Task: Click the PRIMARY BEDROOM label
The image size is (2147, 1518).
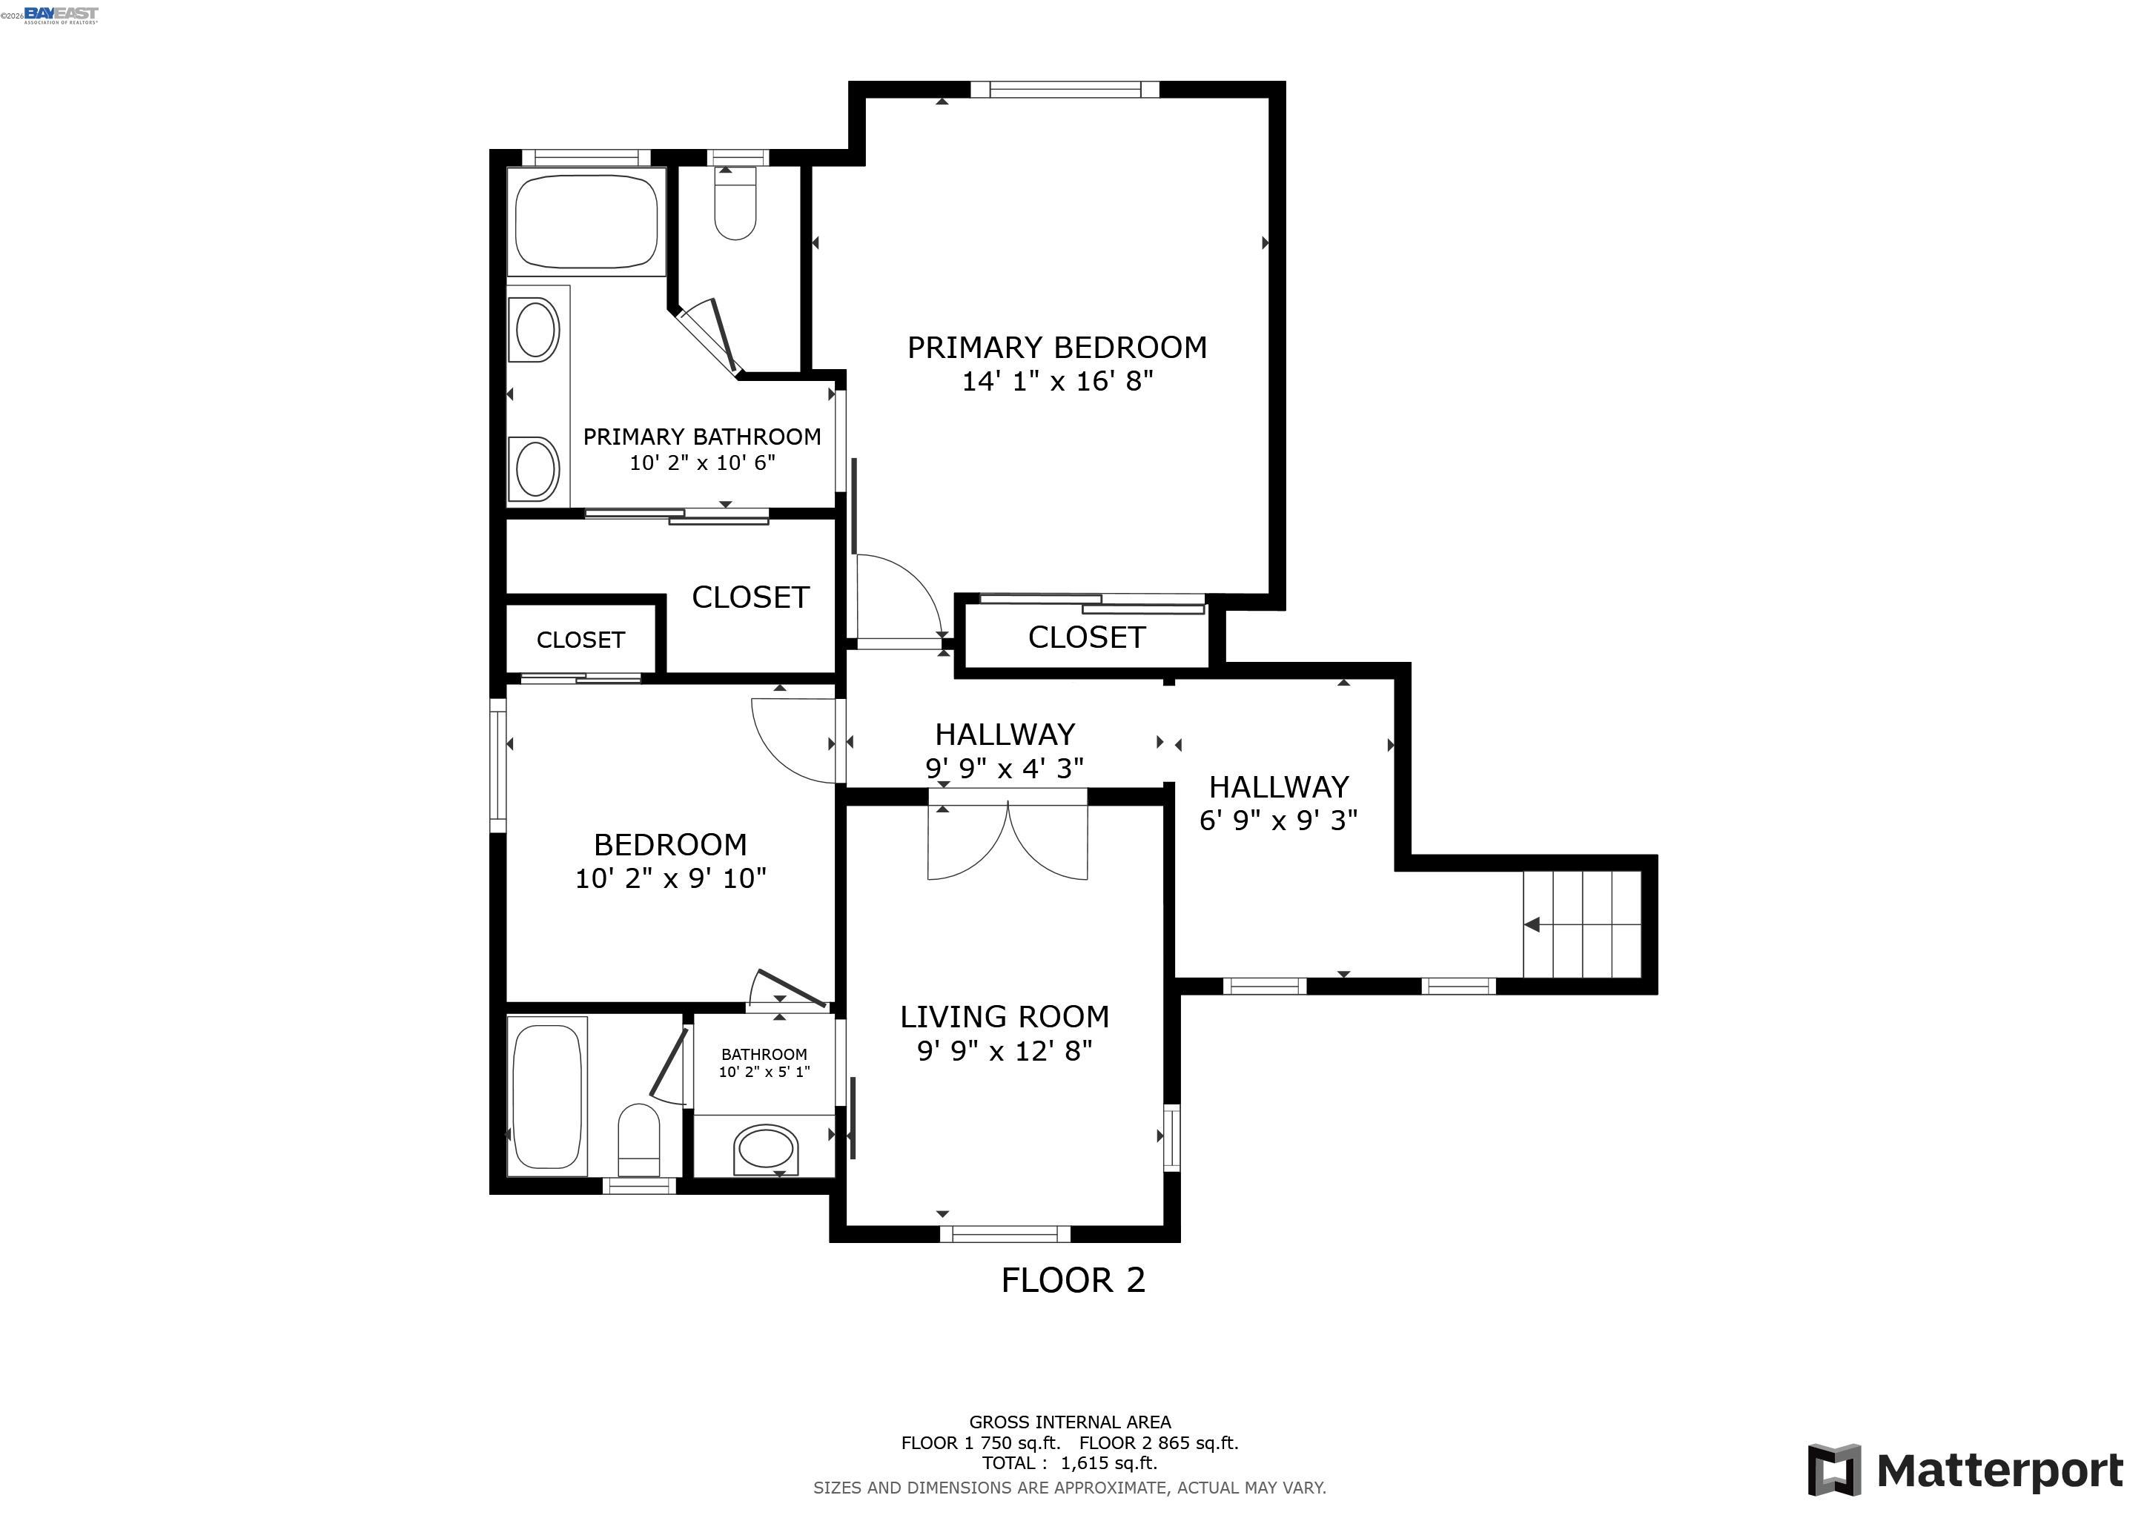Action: pos(1056,348)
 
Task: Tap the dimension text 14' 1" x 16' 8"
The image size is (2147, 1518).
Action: pos(1056,382)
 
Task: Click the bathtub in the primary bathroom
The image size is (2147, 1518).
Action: pos(586,221)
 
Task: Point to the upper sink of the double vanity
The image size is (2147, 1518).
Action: pos(537,329)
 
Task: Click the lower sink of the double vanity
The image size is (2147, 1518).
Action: pos(537,468)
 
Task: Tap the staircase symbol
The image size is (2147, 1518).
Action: pos(1582,924)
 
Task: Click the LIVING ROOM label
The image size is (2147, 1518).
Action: pos(1005,1016)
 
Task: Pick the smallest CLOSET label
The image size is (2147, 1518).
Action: pos(580,640)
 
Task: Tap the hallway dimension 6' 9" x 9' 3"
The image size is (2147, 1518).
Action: pos(1277,821)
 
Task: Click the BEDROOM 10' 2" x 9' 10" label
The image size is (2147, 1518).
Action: pos(669,860)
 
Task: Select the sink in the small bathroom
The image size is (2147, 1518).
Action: pos(766,1149)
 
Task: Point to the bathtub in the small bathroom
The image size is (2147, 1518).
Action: pos(548,1096)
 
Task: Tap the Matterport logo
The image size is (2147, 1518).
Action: pos(1964,1471)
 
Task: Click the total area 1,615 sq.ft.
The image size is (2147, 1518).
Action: pos(1108,1463)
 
